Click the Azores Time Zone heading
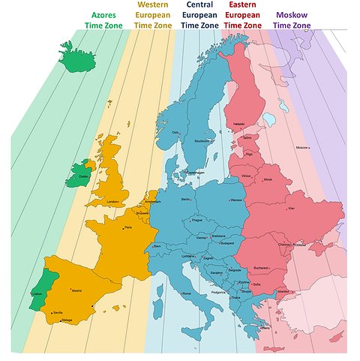(x=104, y=20)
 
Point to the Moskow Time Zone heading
(x=292, y=20)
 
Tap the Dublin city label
(x=83, y=176)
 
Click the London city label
(x=113, y=201)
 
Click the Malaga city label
(x=66, y=320)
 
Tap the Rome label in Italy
(x=187, y=293)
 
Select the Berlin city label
(x=186, y=199)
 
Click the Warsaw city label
(x=236, y=200)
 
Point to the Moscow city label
(x=302, y=148)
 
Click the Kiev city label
(x=292, y=208)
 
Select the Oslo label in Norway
(x=175, y=132)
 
